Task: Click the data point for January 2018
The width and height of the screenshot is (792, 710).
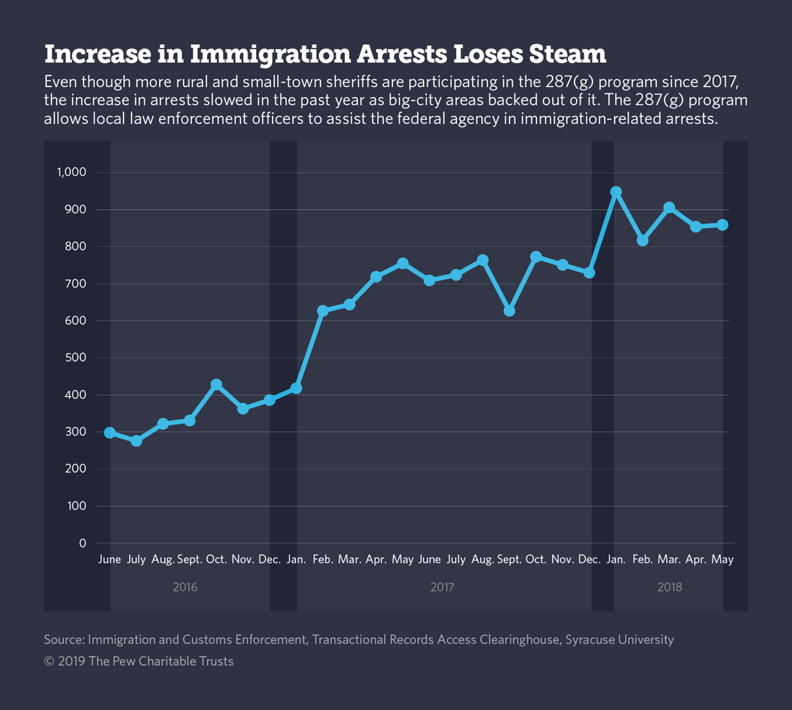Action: (616, 193)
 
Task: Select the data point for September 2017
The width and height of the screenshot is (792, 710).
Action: (509, 311)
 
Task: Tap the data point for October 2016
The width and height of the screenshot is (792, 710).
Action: (216, 385)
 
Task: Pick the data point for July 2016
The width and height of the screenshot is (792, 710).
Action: (136, 441)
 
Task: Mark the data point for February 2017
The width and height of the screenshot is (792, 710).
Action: (323, 311)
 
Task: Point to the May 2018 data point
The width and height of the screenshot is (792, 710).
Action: (723, 225)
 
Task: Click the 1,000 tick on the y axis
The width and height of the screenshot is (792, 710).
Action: (72, 172)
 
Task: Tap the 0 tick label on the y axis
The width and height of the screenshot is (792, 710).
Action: (82, 543)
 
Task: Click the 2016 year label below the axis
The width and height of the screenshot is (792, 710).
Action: (185, 587)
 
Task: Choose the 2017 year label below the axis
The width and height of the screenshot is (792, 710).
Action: (442, 587)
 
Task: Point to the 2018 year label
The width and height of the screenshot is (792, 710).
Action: (669, 587)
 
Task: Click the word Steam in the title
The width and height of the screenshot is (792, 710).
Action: (566, 54)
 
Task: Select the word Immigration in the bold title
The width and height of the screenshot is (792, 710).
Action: (271, 54)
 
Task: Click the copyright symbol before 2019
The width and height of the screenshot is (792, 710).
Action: (49, 662)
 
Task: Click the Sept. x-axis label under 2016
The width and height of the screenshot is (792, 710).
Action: (190, 560)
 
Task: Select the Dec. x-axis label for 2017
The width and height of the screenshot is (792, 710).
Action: (589, 560)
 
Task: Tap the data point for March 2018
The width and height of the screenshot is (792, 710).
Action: (669, 209)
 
